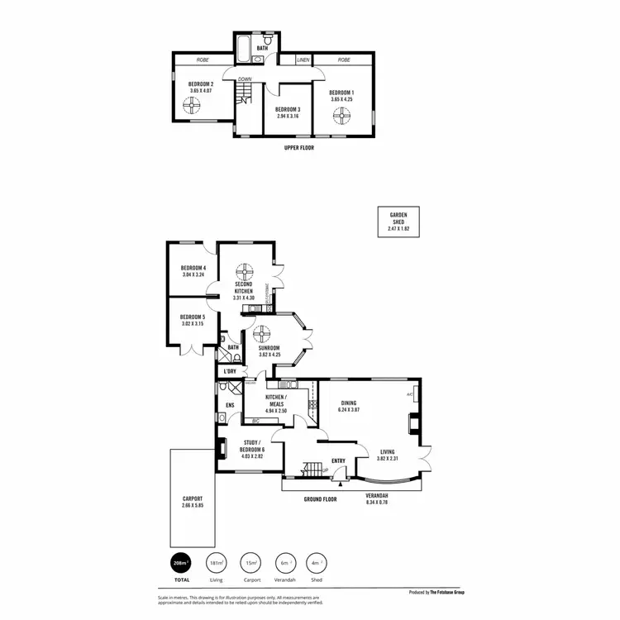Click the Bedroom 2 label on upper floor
[201, 84]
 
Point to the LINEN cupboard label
[303, 60]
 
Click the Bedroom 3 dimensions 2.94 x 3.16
[288, 117]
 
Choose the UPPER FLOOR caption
[298, 148]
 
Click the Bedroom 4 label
[193, 267]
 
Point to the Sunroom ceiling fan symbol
[263, 333]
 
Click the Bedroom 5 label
[193, 316]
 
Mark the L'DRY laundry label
[230, 371]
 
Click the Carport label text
[193, 499]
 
